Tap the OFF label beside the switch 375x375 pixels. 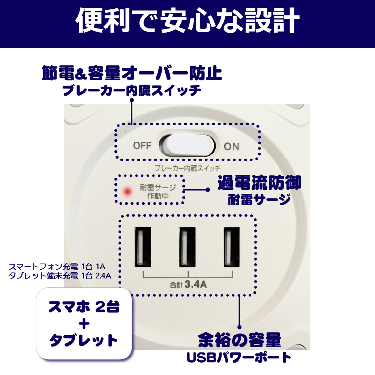pyautogui.click(x=142, y=145)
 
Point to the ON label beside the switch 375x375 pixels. pyautogui.click(x=231, y=147)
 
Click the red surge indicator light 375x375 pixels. pyautogui.click(x=127, y=191)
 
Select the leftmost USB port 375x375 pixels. pyautogui.click(x=143, y=247)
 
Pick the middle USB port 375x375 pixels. pyautogui.click(x=187, y=247)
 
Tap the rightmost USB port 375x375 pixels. pyautogui.click(x=232, y=247)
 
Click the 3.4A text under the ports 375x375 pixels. pyautogui.click(x=196, y=284)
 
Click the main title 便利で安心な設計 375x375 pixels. pyautogui.click(x=187, y=21)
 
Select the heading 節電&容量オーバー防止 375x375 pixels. pyautogui.click(x=132, y=73)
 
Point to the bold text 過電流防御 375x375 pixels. pyautogui.click(x=259, y=183)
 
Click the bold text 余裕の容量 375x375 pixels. pyautogui.click(x=240, y=340)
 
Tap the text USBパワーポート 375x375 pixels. pyautogui.click(x=238, y=357)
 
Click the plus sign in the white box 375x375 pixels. pyautogui.click(x=84, y=324)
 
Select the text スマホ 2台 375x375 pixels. pyautogui.click(x=84, y=307)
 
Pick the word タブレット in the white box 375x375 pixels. pyautogui.click(x=84, y=340)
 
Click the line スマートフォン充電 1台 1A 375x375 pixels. pyautogui.click(x=57, y=266)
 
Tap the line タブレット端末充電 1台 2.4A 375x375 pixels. pyautogui.click(x=60, y=276)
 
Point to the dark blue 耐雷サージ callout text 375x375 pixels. pyautogui.click(x=259, y=199)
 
